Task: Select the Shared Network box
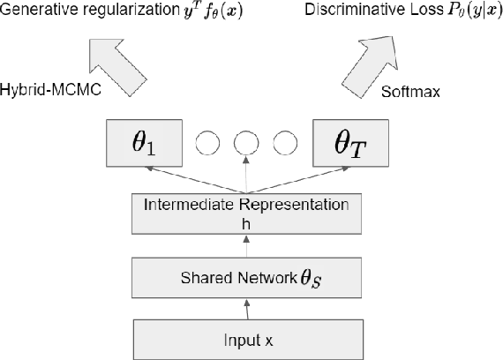pos(249,279)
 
